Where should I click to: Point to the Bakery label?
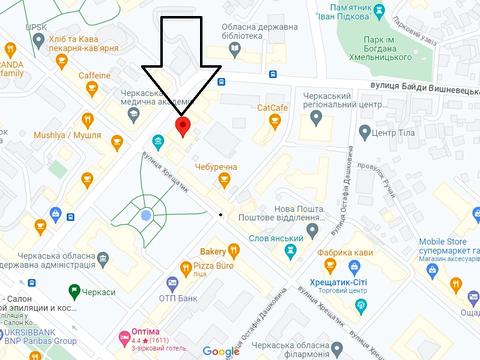click(212, 251)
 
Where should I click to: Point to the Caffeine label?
click(95, 76)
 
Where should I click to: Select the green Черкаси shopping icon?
click(74, 291)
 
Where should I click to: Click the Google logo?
click(221, 351)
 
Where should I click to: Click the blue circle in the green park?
click(146, 215)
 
